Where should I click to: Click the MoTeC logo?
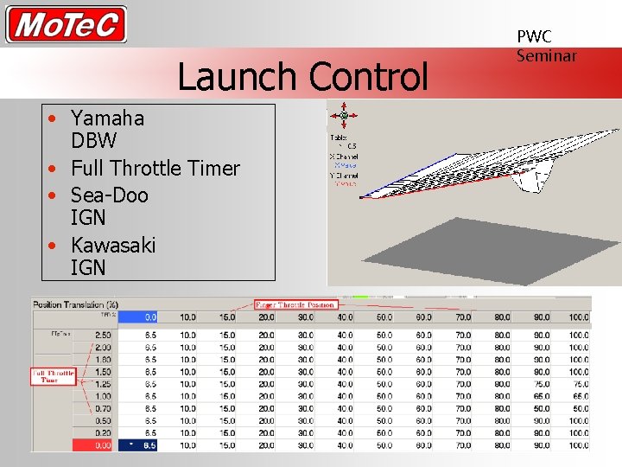tap(67, 24)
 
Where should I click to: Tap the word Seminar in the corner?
tap(546, 55)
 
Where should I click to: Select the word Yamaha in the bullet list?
tap(107, 118)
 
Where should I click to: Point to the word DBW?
tap(93, 140)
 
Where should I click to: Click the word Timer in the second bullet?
tap(212, 168)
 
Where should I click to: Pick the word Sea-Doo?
tap(110, 195)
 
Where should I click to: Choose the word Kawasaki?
tap(113, 245)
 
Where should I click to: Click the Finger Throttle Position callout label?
tap(295, 304)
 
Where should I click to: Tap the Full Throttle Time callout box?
tap(54, 377)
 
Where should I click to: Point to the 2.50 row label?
tap(101, 335)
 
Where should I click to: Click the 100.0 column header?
tap(578, 317)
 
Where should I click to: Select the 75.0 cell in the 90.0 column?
tap(541, 384)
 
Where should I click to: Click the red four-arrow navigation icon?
tap(344, 115)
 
